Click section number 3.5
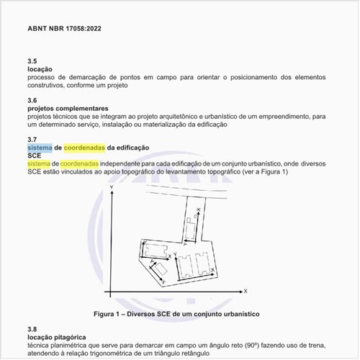[32, 61]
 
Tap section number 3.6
[32, 100]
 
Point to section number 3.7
[32, 139]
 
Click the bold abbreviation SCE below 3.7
[35, 155]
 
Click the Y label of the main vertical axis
[112, 186]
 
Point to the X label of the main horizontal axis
[246, 292]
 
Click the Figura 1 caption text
[176, 315]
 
